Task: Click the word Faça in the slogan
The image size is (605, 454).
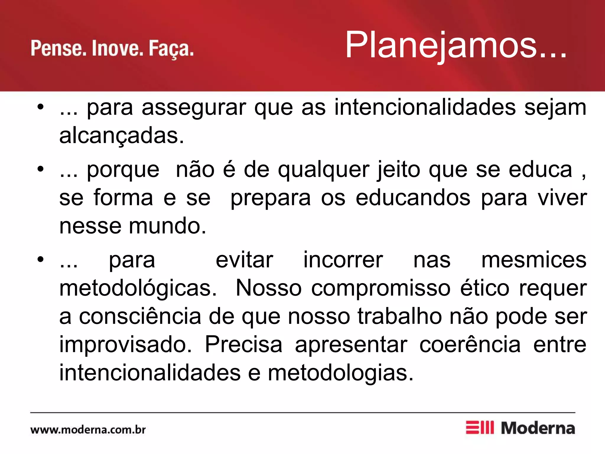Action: [x=171, y=49]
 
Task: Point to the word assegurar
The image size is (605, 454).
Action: [x=193, y=108]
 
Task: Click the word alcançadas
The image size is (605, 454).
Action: [x=121, y=136]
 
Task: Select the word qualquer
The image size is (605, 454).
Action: [x=323, y=170]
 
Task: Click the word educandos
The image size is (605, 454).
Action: [x=413, y=198]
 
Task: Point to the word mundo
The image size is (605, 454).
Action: [x=167, y=226]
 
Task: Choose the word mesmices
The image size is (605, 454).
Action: [x=534, y=260]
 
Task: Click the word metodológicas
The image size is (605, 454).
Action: [x=138, y=288]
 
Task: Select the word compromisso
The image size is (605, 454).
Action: [x=381, y=288]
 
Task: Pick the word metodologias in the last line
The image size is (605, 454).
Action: [x=340, y=373]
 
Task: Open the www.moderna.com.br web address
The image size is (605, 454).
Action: [x=88, y=430]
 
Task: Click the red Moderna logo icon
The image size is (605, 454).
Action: [x=479, y=428]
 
